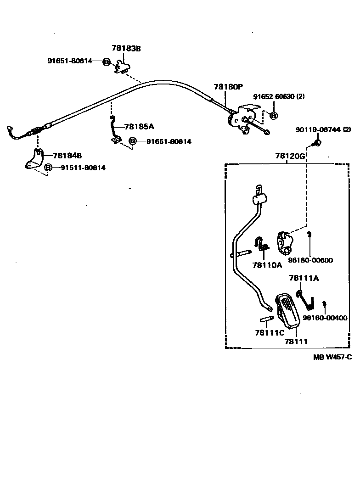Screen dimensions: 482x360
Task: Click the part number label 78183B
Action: click(x=126, y=48)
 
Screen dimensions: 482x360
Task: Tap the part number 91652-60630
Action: click(x=274, y=96)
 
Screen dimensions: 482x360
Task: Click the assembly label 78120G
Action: click(x=290, y=156)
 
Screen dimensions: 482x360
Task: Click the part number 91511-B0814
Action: click(x=83, y=168)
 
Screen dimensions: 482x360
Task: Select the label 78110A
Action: click(x=267, y=264)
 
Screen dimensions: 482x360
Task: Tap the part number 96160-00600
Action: click(x=310, y=260)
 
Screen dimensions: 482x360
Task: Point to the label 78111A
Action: click(x=304, y=278)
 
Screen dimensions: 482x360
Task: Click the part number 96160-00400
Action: click(x=325, y=318)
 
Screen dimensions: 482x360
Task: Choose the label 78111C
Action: click(x=270, y=332)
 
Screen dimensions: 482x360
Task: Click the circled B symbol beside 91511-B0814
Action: click(x=48, y=168)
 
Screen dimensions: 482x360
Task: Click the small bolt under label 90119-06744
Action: click(x=316, y=143)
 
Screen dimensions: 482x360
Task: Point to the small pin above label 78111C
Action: click(x=266, y=319)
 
